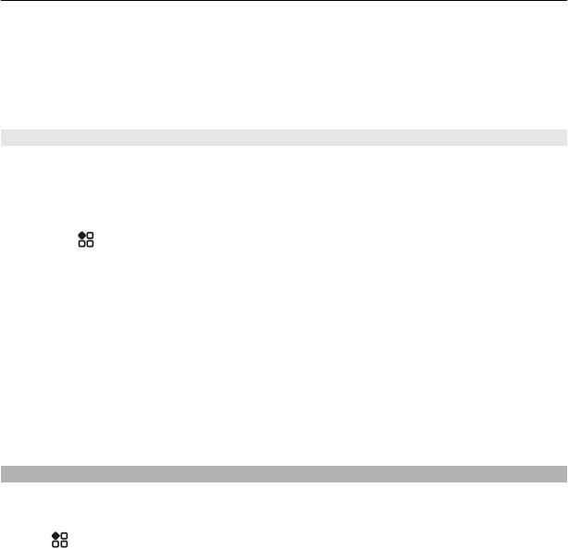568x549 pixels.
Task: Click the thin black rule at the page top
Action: click(x=284, y=1)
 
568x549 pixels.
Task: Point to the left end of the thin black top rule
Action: click(x=2, y=1)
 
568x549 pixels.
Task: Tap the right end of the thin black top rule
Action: click(x=565, y=1)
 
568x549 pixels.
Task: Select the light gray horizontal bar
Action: click(x=284, y=138)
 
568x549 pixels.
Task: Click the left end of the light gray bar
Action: click(x=3, y=138)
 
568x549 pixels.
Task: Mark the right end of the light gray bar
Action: click(x=564, y=138)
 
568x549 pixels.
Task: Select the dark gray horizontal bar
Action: click(x=284, y=474)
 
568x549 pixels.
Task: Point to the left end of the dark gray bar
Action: click(x=3, y=474)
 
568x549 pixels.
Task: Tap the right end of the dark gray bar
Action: click(x=564, y=474)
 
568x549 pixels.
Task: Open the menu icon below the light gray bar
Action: click(x=85, y=240)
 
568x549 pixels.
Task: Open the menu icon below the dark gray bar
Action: click(x=59, y=540)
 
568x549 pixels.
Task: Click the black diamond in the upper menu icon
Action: click(x=81, y=236)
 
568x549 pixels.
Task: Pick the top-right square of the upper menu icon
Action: click(x=90, y=236)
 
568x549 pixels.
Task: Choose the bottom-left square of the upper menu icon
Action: click(x=81, y=245)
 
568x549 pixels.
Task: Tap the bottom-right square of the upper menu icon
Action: click(x=90, y=245)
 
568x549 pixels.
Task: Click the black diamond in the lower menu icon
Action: click(x=56, y=535)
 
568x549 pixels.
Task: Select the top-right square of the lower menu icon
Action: click(x=64, y=535)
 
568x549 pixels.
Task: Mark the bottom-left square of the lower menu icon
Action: click(x=56, y=544)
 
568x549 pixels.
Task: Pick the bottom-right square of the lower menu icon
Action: click(x=64, y=544)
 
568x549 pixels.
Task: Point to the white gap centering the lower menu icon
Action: click(x=59, y=540)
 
